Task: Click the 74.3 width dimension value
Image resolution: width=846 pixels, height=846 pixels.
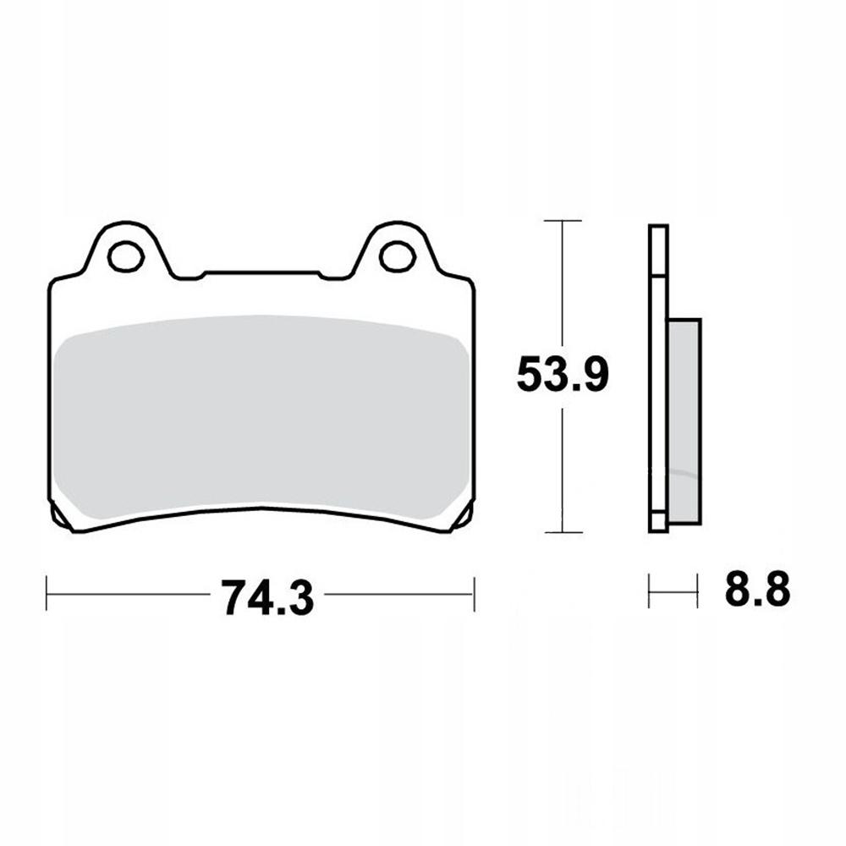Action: coord(267,597)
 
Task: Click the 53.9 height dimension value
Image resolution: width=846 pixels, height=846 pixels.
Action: coord(563,374)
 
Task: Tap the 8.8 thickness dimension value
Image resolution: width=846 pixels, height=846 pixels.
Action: coord(757,588)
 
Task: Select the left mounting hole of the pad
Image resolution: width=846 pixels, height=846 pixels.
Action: coord(126,256)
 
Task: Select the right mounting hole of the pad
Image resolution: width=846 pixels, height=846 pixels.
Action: coord(397,256)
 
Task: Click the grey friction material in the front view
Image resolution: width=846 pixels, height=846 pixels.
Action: coord(261,413)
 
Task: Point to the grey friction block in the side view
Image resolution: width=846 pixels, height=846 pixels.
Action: coord(684,421)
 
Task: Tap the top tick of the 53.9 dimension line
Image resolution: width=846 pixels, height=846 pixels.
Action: coord(563,221)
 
